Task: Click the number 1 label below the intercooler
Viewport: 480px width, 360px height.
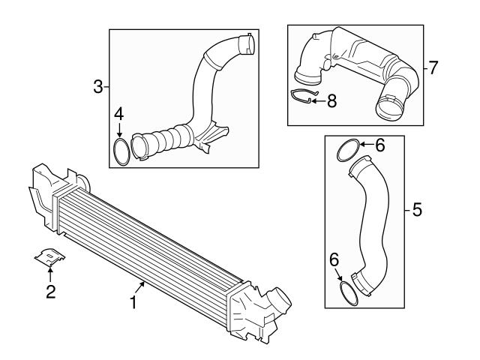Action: click(133, 303)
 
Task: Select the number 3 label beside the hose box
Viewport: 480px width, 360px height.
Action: click(98, 87)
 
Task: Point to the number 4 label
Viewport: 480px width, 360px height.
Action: click(118, 114)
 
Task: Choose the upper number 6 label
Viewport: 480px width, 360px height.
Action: click(380, 145)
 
